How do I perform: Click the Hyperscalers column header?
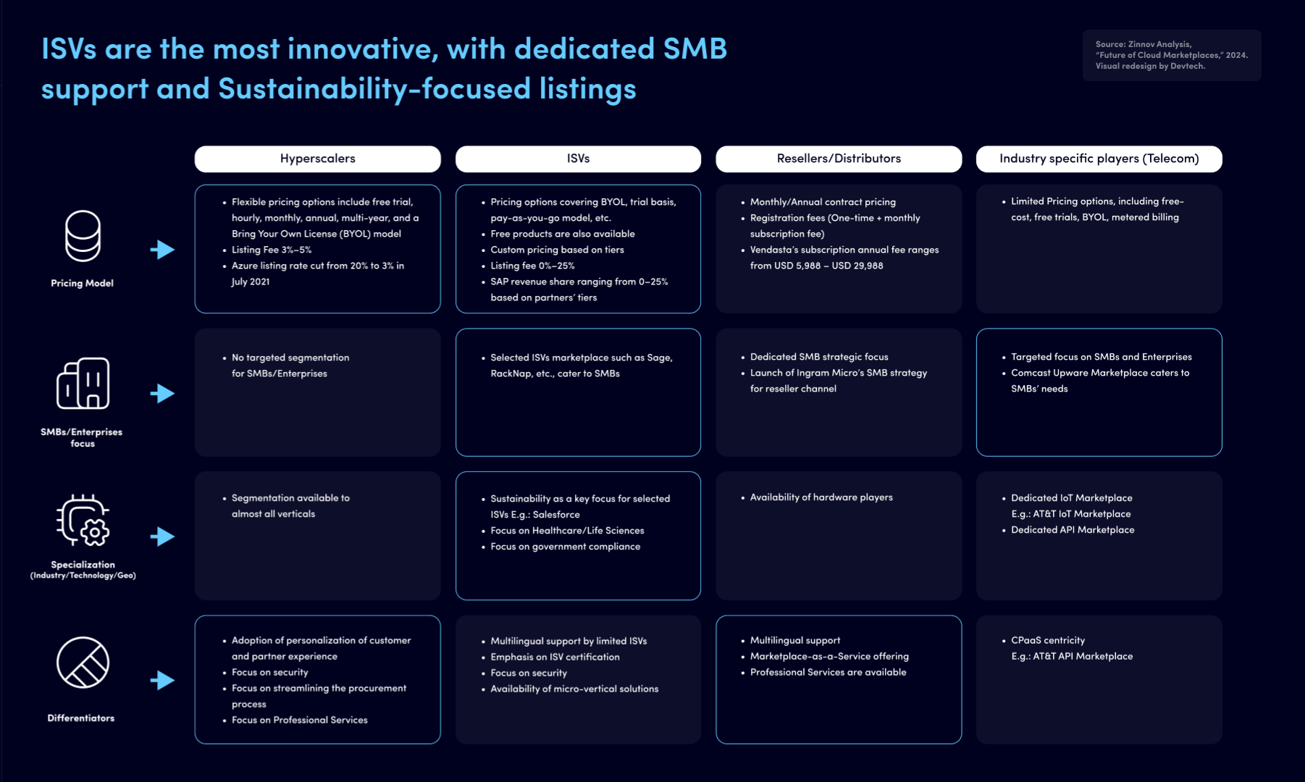(x=317, y=159)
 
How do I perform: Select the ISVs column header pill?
(x=578, y=159)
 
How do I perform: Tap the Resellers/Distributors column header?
(x=839, y=159)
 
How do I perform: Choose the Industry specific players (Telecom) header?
(x=1099, y=159)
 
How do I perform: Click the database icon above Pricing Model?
(x=83, y=236)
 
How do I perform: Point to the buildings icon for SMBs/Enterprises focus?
(x=83, y=383)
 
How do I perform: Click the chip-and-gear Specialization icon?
(x=83, y=521)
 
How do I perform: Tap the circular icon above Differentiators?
(x=83, y=663)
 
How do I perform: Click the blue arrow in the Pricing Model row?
(x=162, y=250)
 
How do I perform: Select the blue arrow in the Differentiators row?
(x=162, y=681)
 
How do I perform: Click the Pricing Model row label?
(x=82, y=283)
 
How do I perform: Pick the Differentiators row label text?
(x=81, y=718)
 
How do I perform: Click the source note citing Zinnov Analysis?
(x=1171, y=55)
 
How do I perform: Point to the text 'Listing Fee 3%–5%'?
(x=272, y=250)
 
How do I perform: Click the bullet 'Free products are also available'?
(x=563, y=234)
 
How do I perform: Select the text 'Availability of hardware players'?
(x=821, y=497)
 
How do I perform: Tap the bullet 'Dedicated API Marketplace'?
(x=1073, y=530)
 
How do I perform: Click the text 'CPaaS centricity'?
(x=1048, y=640)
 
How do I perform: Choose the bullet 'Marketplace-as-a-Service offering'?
(x=829, y=656)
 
